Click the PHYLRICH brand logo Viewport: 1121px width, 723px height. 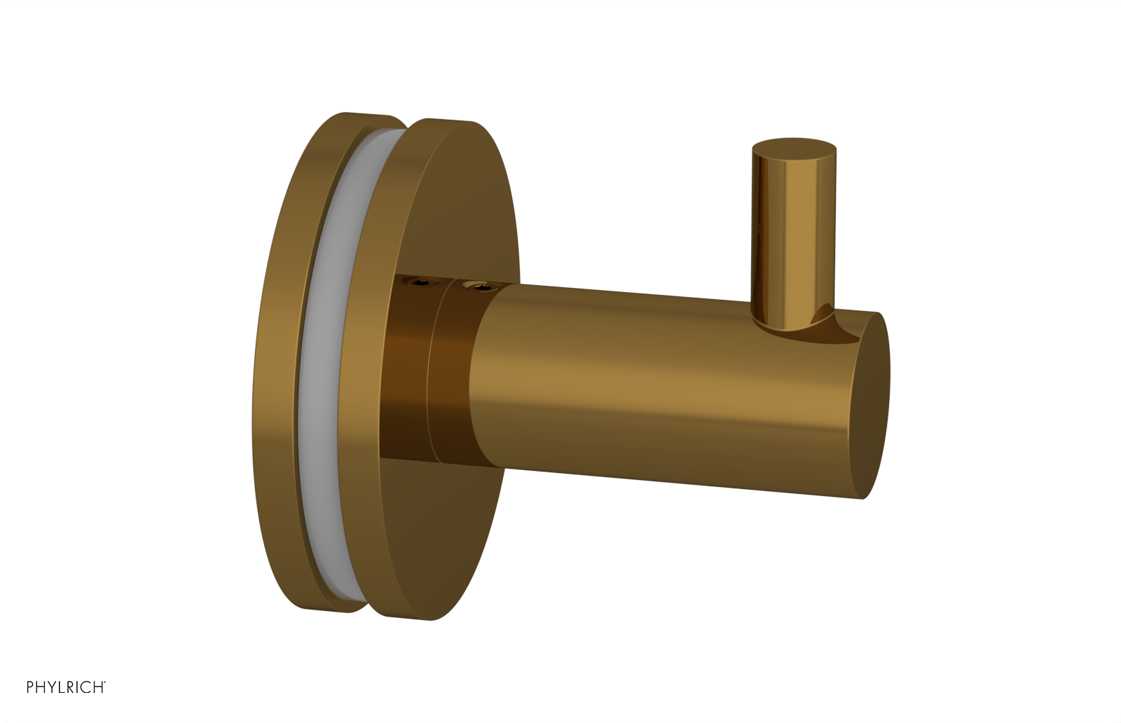(x=65, y=687)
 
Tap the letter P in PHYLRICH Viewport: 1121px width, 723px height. (x=30, y=687)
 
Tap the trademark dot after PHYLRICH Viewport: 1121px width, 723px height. (x=105, y=682)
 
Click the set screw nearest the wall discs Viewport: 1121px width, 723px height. (x=422, y=283)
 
